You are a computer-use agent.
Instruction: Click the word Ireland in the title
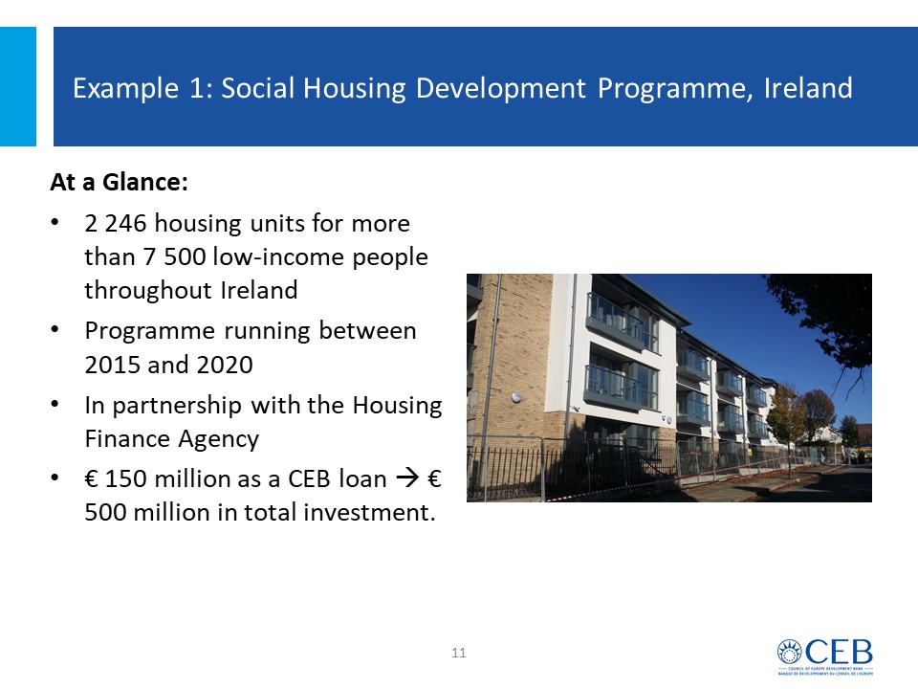pos(808,88)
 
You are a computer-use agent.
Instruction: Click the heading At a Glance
pos(119,182)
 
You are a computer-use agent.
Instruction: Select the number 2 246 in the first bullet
pos(116,223)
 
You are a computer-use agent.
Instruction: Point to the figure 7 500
pos(175,256)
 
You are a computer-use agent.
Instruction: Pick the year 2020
pos(225,365)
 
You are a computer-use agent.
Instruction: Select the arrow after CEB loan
pos(408,478)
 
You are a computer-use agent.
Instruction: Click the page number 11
pos(459,653)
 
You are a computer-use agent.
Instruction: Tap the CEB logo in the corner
pos(825,656)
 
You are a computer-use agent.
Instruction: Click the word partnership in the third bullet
pos(177,406)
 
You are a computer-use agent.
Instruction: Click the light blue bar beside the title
pos(18,86)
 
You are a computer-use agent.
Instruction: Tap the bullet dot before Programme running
pos(55,330)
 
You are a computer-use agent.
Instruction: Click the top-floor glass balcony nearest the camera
pos(621,322)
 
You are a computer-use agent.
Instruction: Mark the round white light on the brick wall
pos(515,398)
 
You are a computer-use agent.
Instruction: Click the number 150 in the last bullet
pos(123,478)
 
